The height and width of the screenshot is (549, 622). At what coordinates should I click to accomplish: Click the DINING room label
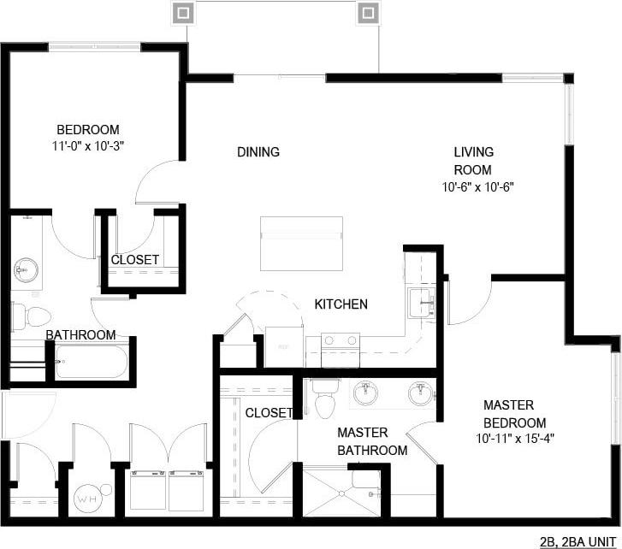(258, 152)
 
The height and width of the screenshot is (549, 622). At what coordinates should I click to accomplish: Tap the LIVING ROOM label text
(473, 161)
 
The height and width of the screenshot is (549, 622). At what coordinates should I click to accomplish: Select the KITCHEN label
(341, 304)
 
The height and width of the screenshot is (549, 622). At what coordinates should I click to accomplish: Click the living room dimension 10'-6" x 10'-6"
(477, 186)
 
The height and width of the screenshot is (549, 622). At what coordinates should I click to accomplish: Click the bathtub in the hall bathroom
(92, 362)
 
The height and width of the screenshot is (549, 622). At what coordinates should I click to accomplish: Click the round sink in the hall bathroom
(23, 271)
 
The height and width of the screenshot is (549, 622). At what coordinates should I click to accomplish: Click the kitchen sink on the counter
(421, 300)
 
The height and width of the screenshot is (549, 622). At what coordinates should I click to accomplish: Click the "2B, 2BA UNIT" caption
(578, 540)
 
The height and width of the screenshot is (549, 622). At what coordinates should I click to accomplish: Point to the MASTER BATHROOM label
(371, 441)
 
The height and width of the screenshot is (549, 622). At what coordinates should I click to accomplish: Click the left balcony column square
(182, 13)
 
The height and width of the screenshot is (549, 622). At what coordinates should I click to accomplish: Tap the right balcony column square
(367, 13)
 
